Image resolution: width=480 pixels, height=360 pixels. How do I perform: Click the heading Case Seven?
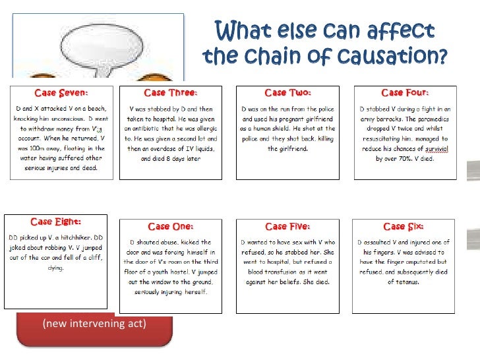pyautogui.click(x=61, y=93)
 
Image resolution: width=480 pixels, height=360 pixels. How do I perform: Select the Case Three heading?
pyautogui.click(x=170, y=93)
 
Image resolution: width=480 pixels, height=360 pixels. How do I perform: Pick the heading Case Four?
pyautogui.click(x=404, y=93)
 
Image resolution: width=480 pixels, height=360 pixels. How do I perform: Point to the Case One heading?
pyautogui.click(x=170, y=226)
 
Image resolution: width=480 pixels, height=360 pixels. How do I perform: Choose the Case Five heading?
pyautogui.click(x=287, y=226)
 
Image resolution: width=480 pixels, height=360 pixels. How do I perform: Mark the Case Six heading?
pyautogui.click(x=403, y=226)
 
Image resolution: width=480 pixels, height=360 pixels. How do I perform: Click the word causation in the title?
pyautogui.click(x=398, y=57)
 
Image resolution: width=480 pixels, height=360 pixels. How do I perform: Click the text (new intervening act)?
pyautogui.click(x=94, y=323)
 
